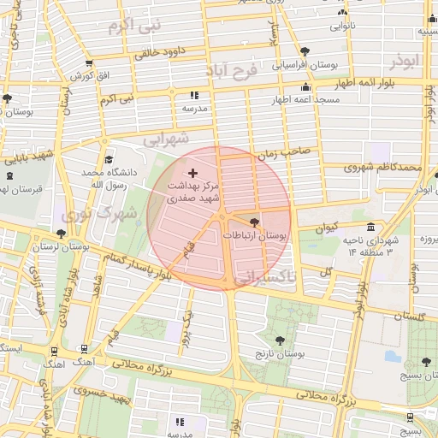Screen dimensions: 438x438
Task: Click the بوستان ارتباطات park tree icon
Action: point(253,221)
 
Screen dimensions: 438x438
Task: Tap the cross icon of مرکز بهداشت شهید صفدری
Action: point(191,173)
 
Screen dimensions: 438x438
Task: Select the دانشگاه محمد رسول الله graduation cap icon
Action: point(109,159)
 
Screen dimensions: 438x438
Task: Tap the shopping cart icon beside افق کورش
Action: point(89,63)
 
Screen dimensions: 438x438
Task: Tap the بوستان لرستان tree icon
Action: point(61,233)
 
